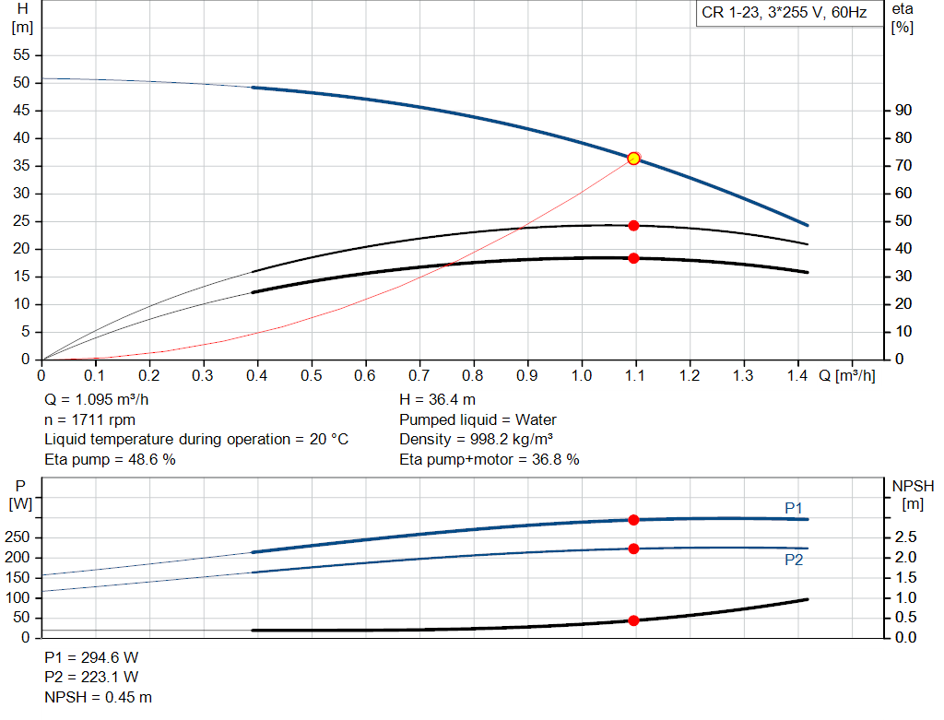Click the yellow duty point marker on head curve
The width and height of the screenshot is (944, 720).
(x=633, y=159)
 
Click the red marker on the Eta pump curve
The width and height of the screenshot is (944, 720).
(x=633, y=226)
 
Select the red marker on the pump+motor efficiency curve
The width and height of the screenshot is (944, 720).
(x=633, y=258)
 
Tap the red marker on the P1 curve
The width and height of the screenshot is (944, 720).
(x=633, y=520)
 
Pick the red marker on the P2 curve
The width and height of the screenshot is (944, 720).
(x=633, y=549)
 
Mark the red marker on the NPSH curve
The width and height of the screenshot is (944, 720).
(x=633, y=620)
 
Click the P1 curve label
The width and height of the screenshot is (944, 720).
(x=794, y=508)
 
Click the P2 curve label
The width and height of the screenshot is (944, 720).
(x=794, y=560)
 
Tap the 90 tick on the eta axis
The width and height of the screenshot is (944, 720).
(x=903, y=111)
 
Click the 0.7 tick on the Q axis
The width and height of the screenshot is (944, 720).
(x=419, y=376)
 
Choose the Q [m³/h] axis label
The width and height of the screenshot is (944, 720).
(x=846, y=376)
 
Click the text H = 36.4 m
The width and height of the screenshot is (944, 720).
(x=437, y=400)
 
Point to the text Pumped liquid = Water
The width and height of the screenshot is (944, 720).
(x=478, y=419)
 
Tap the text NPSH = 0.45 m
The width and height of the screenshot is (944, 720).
(x=99, y=697)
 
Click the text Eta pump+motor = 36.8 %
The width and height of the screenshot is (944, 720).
(x=489, y=459)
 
